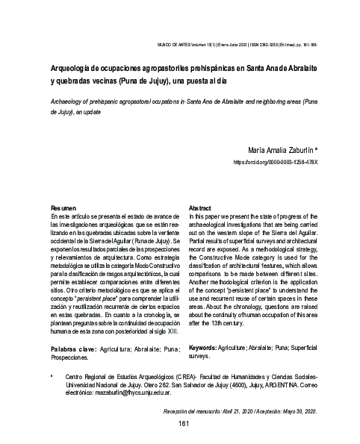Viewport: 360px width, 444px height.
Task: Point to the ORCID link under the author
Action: (276, 161)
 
